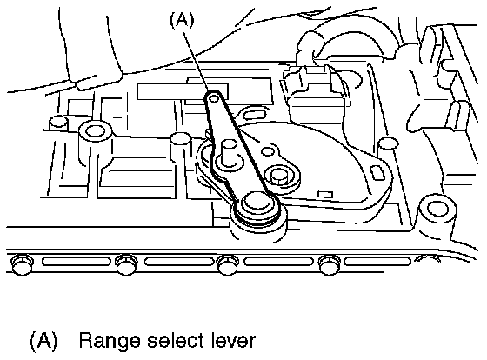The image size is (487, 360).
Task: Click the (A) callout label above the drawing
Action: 182,20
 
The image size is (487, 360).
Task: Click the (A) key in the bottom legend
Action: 43,340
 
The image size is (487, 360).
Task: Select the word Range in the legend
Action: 110,342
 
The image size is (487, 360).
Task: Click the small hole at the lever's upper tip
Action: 214,99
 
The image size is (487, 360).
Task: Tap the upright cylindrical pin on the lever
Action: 228,153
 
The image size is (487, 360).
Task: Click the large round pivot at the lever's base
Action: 257,206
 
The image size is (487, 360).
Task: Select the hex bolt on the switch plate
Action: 280,177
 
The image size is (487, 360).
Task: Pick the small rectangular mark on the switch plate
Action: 325,195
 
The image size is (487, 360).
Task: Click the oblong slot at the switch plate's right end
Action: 377,173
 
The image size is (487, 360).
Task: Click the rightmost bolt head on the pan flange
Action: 330,264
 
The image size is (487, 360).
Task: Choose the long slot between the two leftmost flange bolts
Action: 77,262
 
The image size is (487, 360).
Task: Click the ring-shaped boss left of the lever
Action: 95,131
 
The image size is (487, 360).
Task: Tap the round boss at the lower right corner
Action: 438,208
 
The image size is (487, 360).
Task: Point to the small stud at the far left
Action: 58,122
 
